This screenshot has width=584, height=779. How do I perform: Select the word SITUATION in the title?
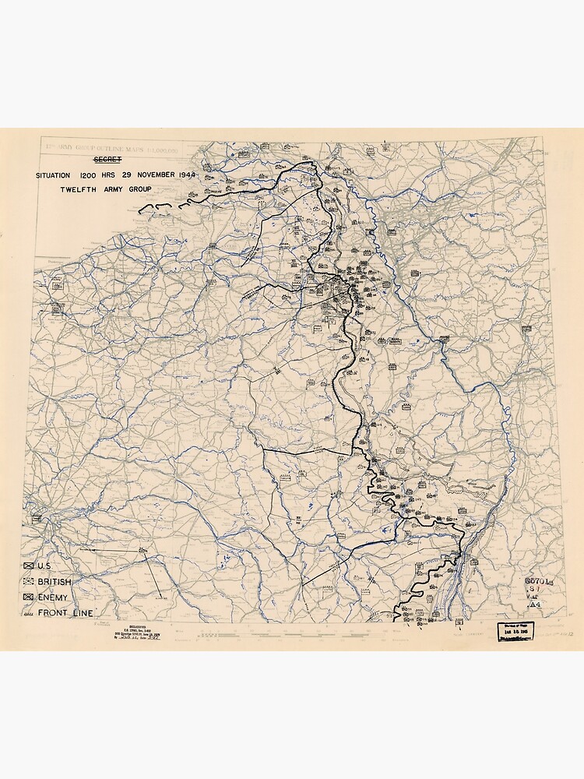tap(52, 175)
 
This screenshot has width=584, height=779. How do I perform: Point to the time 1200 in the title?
tap(87, 175)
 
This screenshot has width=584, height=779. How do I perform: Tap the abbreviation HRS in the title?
tap(111, 175)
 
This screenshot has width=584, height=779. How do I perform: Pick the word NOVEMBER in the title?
tap(158, 175)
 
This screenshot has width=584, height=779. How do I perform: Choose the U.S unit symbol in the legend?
tap(29, 566)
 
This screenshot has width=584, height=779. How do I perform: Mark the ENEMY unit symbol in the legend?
tap(29, 597)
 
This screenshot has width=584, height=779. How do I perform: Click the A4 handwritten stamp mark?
tap(534, 605)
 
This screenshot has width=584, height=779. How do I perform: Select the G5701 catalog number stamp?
tap(538, 580)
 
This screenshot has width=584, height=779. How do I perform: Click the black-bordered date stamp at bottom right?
tap(516, 631)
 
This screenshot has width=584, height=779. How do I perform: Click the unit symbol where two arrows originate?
tap(142, 552)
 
